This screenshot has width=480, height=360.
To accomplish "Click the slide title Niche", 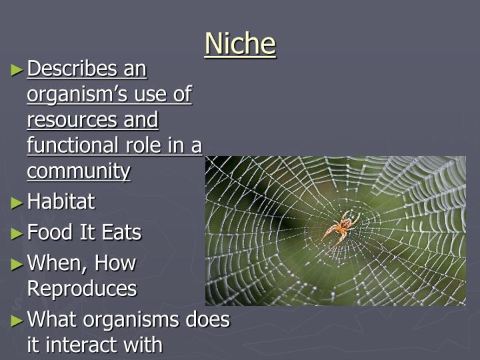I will (x=240, y=44).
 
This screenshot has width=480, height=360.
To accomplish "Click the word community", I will (x=79, y=171).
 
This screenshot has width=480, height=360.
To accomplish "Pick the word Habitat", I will (x=61, y=201).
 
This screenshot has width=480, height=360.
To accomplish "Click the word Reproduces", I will (x=82, y=289).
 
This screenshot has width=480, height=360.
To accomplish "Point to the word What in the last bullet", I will (x=54, y=320).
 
